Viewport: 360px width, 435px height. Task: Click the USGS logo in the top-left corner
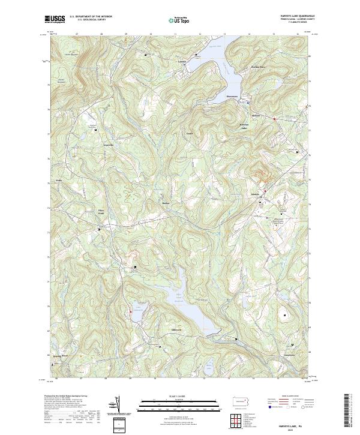[55, 19]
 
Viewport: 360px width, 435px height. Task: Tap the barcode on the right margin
[346, 411]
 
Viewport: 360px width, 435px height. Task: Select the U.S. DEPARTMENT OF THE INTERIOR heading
[90, 17]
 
